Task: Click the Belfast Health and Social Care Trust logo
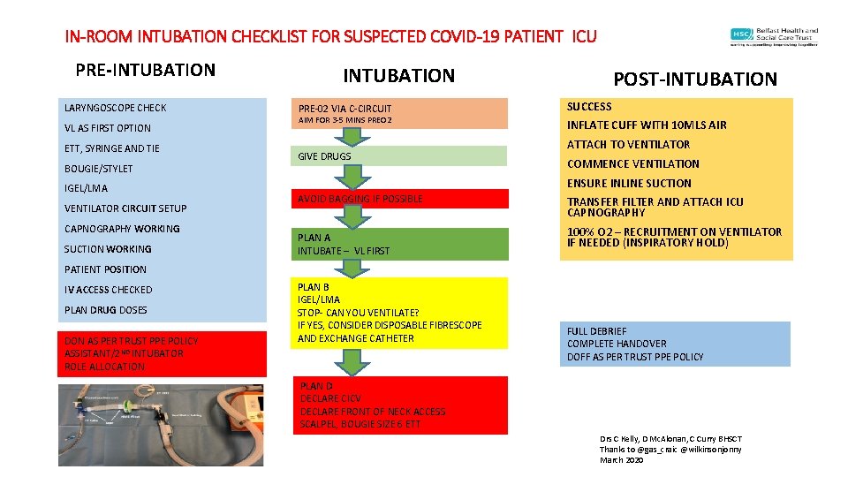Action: pos(774,36)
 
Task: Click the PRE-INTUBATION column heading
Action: pos(145,70)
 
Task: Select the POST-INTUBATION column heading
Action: pos(695,79)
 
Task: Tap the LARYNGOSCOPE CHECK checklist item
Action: pos(115,108)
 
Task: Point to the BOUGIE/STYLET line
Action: pos(98,169)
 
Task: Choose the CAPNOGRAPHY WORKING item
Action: pos(121,229)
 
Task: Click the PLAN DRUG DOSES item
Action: pos(105,310)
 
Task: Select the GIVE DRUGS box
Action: pos(324,156)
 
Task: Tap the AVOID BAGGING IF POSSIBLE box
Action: pos(360,199)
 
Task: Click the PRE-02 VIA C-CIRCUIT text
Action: pos(344,109)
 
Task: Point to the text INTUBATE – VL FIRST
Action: pos(344,251)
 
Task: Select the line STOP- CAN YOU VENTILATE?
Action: pos(358,313)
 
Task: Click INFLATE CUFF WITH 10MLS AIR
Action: pos(647,125)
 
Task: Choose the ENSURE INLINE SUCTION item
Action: pos(629,183)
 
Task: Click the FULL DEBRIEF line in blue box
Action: pos(597,331)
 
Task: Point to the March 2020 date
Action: pos(623,460)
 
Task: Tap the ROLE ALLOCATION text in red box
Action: pos(104,367)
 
